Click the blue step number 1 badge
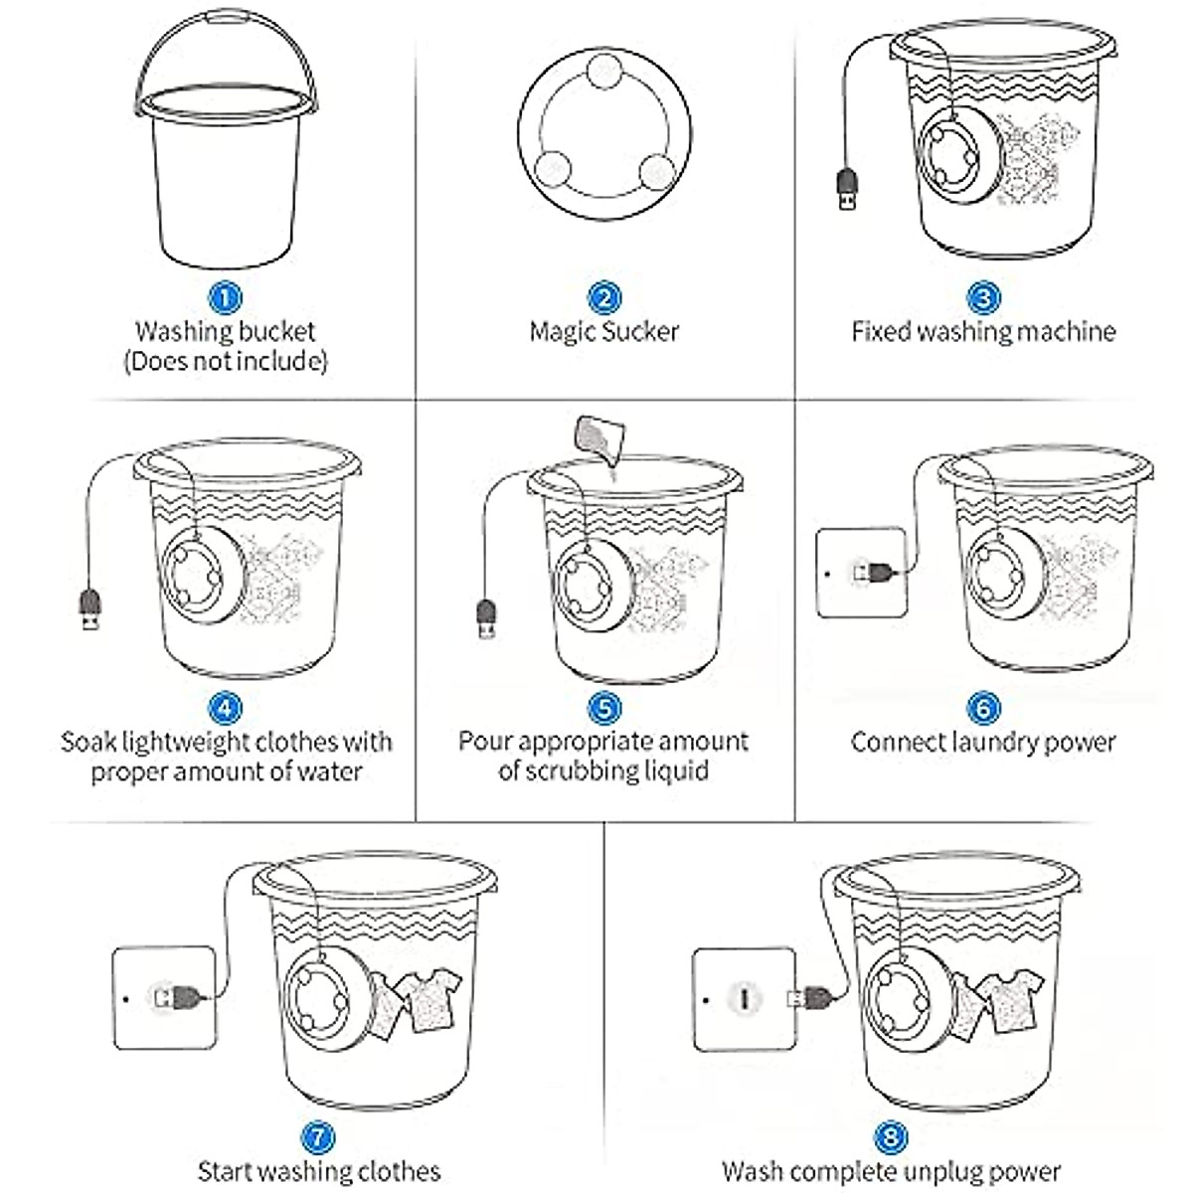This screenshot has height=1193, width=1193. pyautogui.click(x=226, y=296)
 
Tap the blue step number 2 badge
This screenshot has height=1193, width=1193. pyautogui.click(x=603, y=296)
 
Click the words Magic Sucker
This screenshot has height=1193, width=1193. pyautogui.click(x=603, y=331)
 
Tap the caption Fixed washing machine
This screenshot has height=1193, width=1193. pyautogui.click(x=983, y=331)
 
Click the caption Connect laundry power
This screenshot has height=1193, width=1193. pyautogui.click(x=983, y=742)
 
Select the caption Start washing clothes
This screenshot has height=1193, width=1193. pyautogui.click(x=318, y=1171)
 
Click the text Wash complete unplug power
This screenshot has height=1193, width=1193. pyautogui.click(x=891, y=1171)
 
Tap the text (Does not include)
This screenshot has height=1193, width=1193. pyautogui.click(x=226, y=361)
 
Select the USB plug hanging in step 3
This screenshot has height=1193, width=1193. pyautogui.click(x=847, y=188)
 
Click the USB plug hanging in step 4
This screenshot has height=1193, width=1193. pyautogui.click(x=88, y=609)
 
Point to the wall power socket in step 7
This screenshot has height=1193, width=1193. pyautogui.click(x=164, y=997)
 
